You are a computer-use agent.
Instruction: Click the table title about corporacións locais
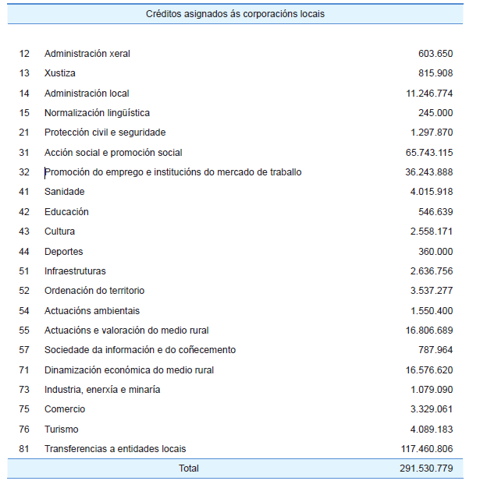pyautogui.click(x=235, y=14)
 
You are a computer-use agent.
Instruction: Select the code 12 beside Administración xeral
pyautogui.click(x=24, y=54)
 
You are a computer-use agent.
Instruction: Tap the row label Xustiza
pyautogui.click(x=60, y=73)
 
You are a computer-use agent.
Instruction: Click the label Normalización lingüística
pyautogui.click(x=97, y=113)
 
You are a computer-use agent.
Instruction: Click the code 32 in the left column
pyautogui.click(x=24, y=172)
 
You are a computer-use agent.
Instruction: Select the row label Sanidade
pyautogui.click(x=65, y=192)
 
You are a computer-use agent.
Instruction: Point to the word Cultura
pyautogui.click(x=60, y=232)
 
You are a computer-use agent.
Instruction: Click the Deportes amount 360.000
pyautogui.click(x=436, y=252)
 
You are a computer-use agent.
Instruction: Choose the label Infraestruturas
pyautogui.click(x=75, y=271)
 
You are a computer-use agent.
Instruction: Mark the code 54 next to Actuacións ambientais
pyautogui.click(x=24, y=311)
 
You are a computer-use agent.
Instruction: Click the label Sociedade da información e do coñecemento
pyautogui.click(x=140, y=350)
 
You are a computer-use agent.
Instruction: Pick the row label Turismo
pyautogui.click(x=62, y=430)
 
